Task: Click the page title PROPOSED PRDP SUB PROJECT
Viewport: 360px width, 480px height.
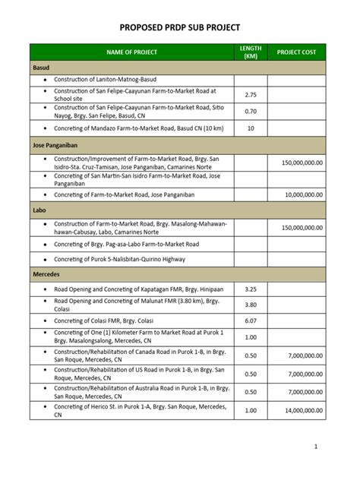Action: [180, 27]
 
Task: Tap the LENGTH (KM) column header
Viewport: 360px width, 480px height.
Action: [251, 52]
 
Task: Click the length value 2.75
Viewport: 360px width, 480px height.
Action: [251, 95]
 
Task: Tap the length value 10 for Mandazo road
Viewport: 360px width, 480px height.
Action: [251, 128]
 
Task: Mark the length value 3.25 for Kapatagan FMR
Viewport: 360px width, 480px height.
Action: [251, 289]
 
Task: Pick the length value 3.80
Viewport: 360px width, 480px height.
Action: [251, 305]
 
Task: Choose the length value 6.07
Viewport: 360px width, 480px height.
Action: [251, 321]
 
